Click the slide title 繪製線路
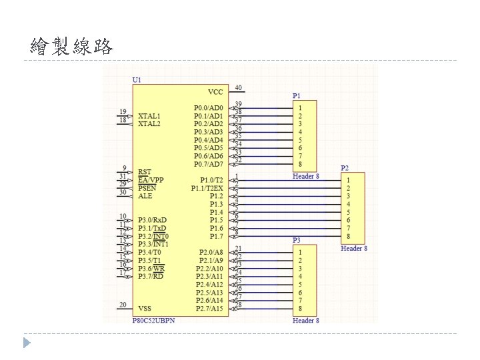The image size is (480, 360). (72, 47)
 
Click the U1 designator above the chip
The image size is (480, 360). (137, 80)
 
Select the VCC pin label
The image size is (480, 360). (215, 91)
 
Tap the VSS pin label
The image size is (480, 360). (145, 308)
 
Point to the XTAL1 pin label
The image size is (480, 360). (149, 115)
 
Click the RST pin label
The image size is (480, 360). (144, 172)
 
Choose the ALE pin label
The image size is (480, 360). (145, 196)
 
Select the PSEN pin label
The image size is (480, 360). (147, 188)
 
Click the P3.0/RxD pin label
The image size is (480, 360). (153, 220)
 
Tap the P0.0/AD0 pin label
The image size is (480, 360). (209, 107)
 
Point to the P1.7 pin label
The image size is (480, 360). (216, 236)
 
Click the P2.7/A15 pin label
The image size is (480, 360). (209, 308)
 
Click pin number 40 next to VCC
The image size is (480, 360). (238, 87)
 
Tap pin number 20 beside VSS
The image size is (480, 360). (123, 305)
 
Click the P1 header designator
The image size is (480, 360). (297, 96)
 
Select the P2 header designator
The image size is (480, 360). (345, 168)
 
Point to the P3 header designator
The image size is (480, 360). (297, 240)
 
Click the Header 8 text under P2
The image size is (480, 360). (354, 249)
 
